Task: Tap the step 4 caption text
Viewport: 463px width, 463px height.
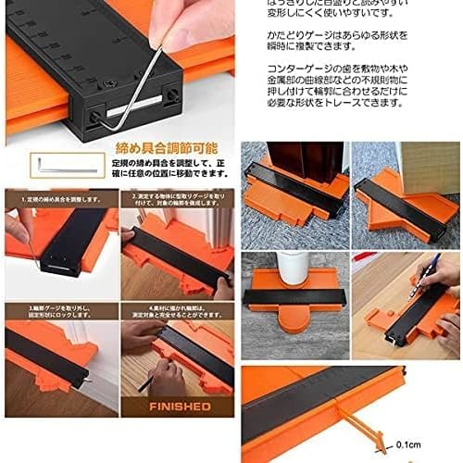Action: point(176,313)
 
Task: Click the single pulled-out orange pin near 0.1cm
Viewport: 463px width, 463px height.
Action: point(394,427)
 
